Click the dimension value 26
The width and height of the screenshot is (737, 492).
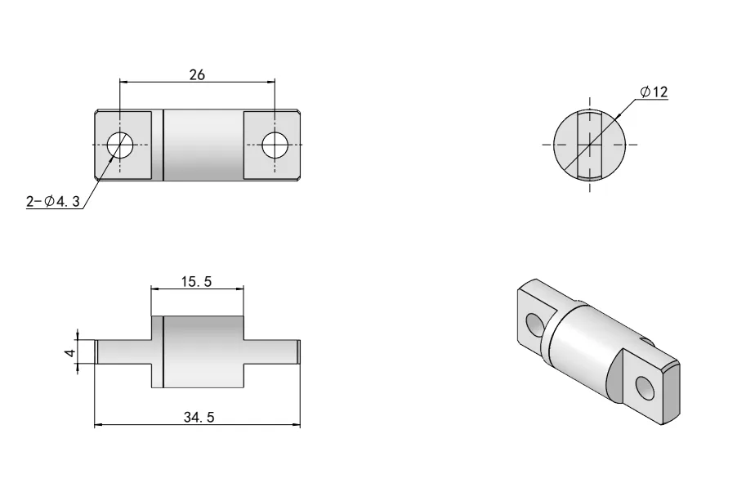197,74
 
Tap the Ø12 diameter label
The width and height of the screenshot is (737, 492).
654,92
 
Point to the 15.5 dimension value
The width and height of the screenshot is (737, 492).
197,281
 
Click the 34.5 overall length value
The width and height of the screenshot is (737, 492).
197,418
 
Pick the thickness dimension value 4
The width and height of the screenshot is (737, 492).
71,352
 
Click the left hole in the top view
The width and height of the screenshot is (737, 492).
120,145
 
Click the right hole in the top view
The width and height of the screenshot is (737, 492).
275,145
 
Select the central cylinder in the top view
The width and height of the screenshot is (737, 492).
204,145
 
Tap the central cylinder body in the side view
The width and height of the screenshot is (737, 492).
204,351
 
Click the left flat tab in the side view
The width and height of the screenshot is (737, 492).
123,351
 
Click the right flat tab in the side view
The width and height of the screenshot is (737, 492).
271,351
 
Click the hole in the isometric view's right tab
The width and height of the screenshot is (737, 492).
645,390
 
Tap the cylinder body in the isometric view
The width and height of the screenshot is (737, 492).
584,343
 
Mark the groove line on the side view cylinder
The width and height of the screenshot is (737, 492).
164,351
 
